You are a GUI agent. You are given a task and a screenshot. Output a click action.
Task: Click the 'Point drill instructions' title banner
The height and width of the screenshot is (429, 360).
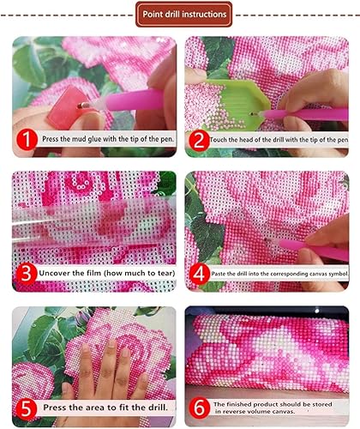click(x=183, y=15)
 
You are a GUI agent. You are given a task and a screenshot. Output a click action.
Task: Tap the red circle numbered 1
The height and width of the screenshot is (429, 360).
click(x=27, y=140)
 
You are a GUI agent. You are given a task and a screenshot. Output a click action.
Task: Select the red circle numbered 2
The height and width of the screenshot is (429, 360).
click(x=199, y=140)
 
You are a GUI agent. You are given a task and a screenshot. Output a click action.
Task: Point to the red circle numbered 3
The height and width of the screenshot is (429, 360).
click(x=27, y=274)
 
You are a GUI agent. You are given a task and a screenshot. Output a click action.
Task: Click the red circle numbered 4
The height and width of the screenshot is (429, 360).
click(x=199, y=274)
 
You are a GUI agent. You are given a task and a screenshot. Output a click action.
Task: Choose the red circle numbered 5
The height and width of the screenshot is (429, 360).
click(x=27, y=408)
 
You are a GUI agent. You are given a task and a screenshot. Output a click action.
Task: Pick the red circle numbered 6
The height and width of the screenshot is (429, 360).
click(x=199, y=408)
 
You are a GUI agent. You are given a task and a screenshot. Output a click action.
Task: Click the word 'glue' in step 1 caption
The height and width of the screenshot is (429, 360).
click(x=97, y=139)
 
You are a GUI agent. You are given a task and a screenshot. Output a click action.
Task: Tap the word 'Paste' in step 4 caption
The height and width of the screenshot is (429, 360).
click(x=218, y=274)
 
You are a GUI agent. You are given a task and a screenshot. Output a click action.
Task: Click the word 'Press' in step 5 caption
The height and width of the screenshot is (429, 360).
click(x=55, y=407)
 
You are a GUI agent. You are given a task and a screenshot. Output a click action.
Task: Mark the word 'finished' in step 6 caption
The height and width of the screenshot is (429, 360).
click(x=239, y=404)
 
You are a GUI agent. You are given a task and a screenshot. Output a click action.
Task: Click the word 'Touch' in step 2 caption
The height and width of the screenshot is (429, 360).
click(x=218, y=140)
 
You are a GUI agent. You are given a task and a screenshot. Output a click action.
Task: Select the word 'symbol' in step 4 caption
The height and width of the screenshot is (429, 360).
click(x=339, y=274)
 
